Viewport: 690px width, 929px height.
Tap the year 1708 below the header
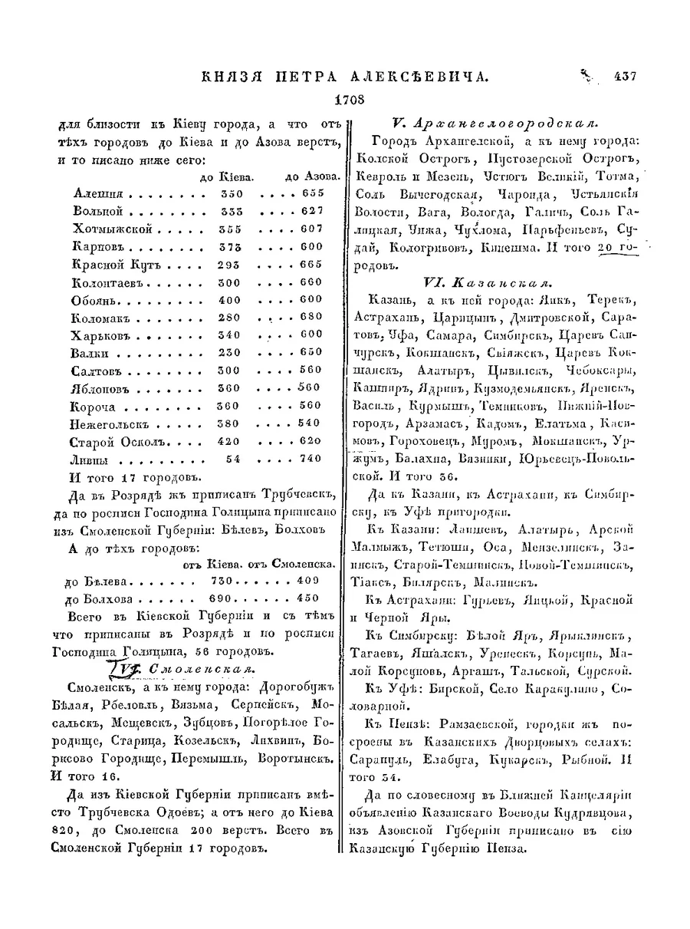tap(350, 99)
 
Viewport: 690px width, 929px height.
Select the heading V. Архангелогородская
tap(495, 123)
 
